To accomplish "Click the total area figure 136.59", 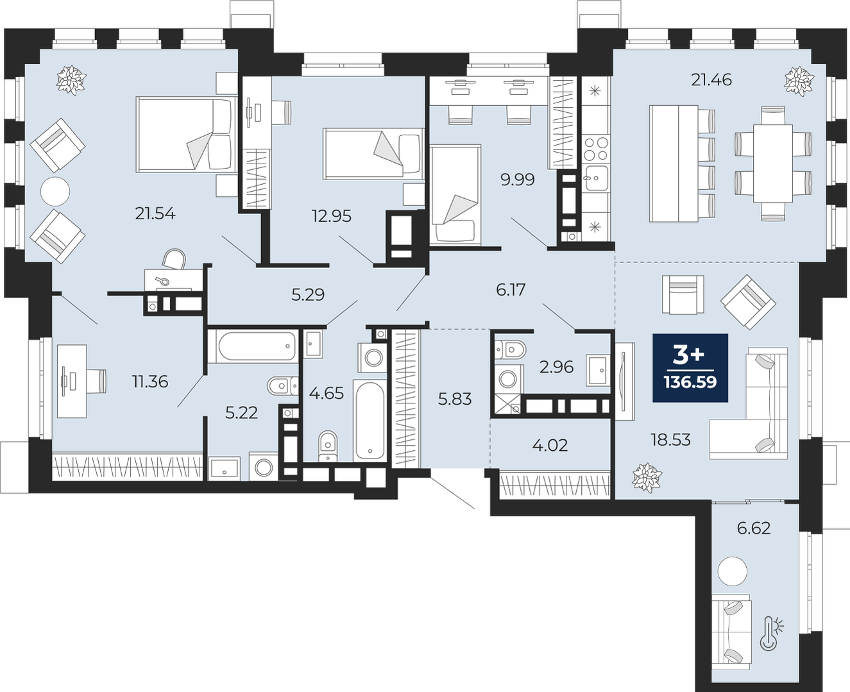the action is click(690, 382).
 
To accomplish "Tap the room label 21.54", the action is click(155, 214).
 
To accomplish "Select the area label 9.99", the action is click(518, 180).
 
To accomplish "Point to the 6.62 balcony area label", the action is click(754, 528).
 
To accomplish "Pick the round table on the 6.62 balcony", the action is click(732, 571).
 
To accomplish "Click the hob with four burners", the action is click(596, 148).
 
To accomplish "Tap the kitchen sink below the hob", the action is click(596, 178).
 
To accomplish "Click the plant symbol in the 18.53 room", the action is click(647, 478).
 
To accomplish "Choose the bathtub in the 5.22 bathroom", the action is click(253, 346).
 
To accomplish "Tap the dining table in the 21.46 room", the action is click(773, 164).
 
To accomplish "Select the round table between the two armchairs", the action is click(55, 192).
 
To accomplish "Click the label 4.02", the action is click(550, 445).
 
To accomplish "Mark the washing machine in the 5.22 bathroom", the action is click(264, 467).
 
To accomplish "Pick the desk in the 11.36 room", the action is click(72, 382).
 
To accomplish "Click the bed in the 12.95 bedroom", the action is click(373, 154).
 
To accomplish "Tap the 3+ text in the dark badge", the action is click(689, 356).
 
